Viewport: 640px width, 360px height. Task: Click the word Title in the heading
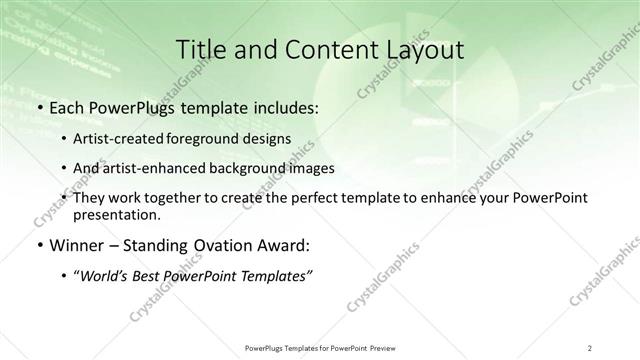[199, 50]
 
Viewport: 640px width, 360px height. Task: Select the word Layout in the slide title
[424, 50]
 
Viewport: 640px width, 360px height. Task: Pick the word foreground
[206, 139]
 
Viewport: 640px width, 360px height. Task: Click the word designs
[269, 139]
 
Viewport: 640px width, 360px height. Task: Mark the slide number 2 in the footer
[590, 347]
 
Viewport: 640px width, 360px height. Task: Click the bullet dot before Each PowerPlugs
[39, 107]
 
